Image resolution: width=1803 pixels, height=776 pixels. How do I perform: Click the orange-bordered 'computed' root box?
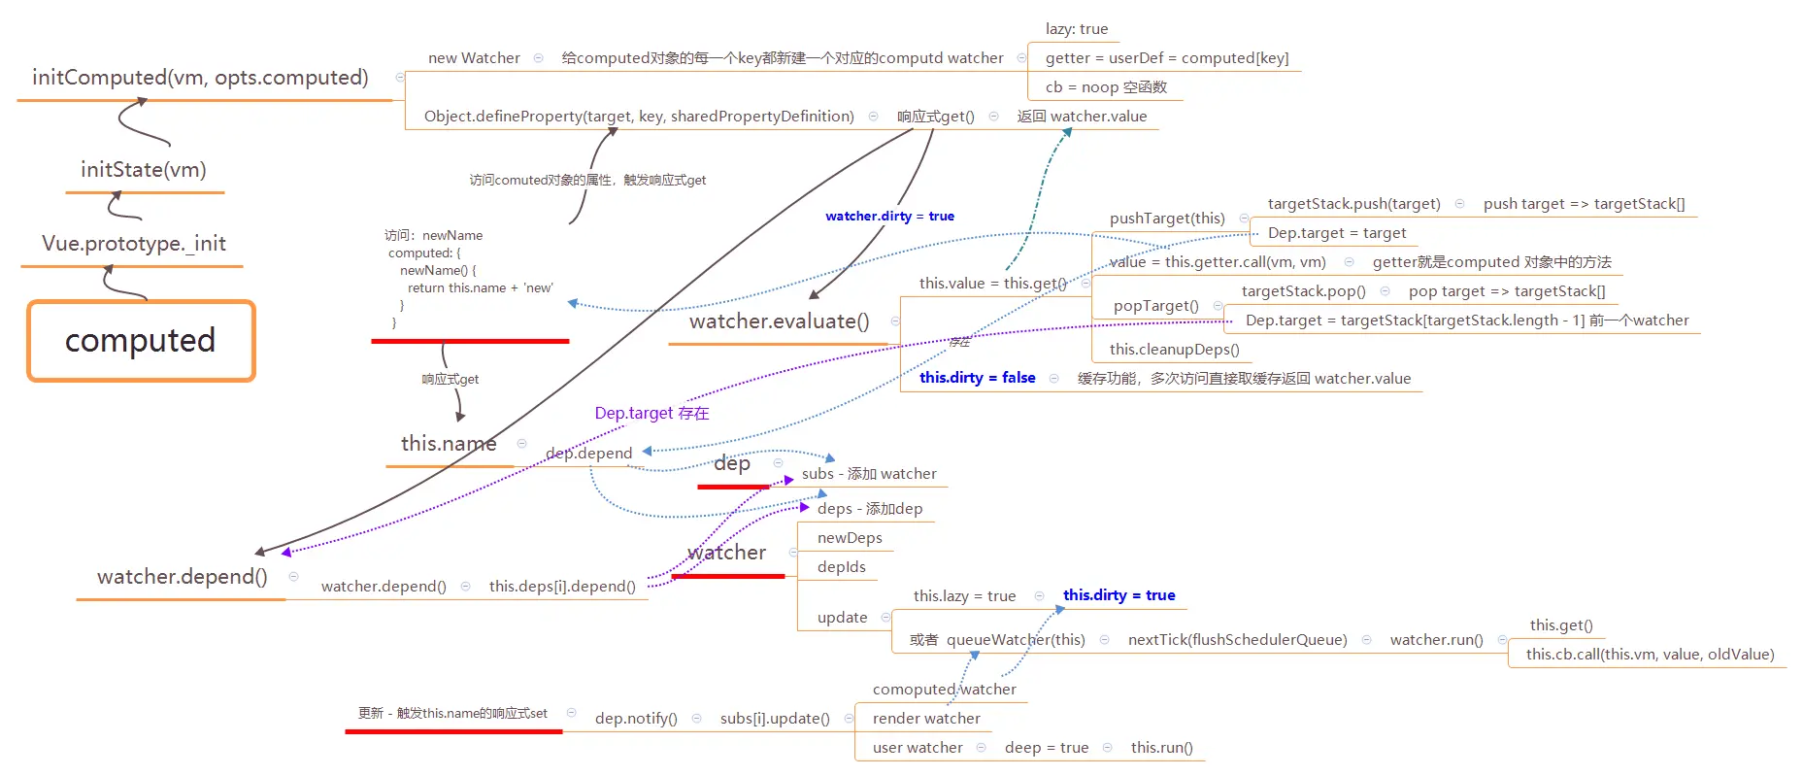[x=141, y=341]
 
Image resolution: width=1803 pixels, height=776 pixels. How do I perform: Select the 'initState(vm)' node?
[x=144, y=170]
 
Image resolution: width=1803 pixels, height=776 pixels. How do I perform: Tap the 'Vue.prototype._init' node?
[x=134, y=244]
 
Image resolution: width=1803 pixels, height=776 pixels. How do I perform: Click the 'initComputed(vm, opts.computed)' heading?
[x=200, y=78]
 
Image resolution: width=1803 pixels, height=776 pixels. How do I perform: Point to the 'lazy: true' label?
[x=1077, y=29]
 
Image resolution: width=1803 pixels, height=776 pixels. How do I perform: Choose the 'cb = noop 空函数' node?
[x=1106, y=87]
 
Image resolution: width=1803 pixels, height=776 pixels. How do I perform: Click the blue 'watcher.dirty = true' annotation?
[x=889, y=216]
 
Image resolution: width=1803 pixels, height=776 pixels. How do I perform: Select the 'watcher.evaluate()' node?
[x=780, y=321]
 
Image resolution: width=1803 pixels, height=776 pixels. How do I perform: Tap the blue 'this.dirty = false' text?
[x=978, y=378]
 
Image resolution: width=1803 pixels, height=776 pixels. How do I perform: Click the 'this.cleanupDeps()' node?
[x=1175, y=350]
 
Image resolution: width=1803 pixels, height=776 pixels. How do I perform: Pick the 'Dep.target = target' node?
[x=1337, y=233]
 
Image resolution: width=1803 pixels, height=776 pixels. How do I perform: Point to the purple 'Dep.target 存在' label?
[x=651, y=413]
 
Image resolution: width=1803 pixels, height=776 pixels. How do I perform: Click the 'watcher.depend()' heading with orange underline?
[x=183, y=577]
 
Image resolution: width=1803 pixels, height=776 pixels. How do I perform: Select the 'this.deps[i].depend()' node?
[x=562, y=587]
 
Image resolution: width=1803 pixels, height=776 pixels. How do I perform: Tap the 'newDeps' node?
[x=850, y=538]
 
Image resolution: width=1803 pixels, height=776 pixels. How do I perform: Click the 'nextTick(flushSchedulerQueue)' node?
[x=1238, y=640]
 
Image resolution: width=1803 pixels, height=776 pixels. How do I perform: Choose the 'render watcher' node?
[x=926, y=719]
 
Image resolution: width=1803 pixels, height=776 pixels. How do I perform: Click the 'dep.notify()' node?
[x=636, y=719]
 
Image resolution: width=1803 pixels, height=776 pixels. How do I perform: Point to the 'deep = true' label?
[x=1047, y=748]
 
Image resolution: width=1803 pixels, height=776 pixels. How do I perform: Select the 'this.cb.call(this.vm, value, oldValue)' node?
[x=1651, y=655]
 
